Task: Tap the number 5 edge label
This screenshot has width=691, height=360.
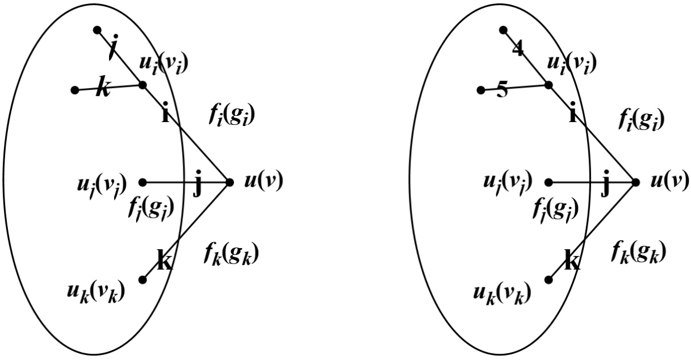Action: click(x=502, y=91)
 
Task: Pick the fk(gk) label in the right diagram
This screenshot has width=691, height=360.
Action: click(x=639, y=249)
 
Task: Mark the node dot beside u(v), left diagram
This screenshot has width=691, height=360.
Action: click(x=229, y=182)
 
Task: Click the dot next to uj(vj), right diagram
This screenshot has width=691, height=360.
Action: click(x=549, y=182)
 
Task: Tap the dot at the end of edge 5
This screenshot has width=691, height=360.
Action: click(x=480, y=90)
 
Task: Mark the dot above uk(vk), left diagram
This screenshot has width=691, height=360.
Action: click(x=143, y=279)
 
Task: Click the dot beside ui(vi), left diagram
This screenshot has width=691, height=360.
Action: click(x=143, y=85)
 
